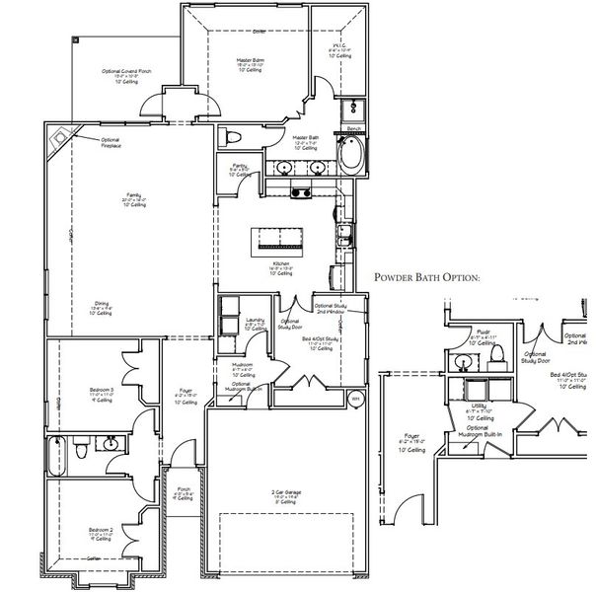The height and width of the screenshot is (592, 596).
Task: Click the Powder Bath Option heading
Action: coord(426,277)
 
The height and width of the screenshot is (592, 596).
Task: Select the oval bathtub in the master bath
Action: coord(351,156)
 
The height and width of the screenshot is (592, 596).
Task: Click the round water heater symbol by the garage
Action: coord(354,399)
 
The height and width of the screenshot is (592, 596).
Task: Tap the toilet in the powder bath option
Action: coord(498,353)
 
